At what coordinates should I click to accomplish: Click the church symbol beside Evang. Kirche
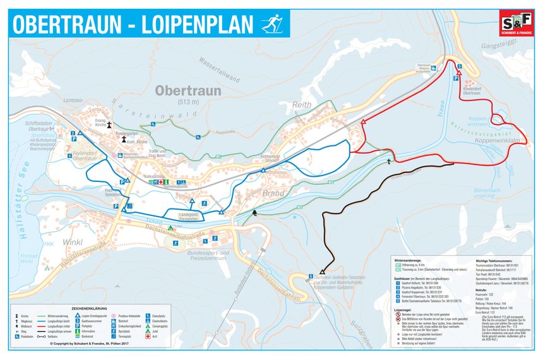110,124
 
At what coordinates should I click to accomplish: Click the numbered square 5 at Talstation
311,277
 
